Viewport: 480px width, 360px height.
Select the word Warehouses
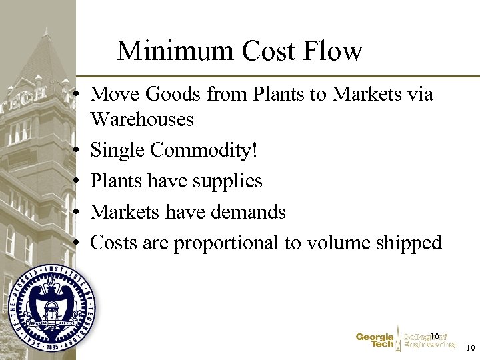[142, 120]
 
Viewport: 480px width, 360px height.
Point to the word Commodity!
[203, 151]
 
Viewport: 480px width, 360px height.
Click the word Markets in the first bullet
[365, 95]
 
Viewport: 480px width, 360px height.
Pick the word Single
[118, 151]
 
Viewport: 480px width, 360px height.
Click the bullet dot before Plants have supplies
[79, 182]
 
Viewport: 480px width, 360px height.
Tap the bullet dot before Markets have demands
[79, 213]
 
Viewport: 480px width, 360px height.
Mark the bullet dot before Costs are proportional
[79, 243]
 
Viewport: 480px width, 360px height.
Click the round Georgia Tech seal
[51, 307]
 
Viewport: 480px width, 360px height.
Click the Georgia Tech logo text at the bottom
[375, 341]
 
